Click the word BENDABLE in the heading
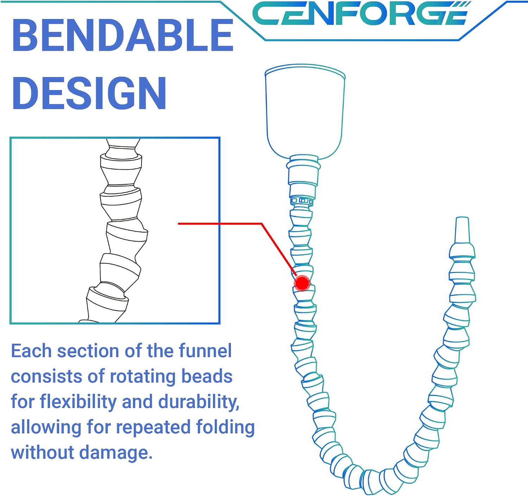click(122, 35)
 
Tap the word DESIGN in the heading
click(89, 93)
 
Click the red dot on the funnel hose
click(302, 283)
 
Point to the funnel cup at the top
click(305, 112)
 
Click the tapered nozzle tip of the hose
click(462, 230)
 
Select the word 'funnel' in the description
click(205, 351)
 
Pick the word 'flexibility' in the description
click(78, 402)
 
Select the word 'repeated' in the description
click(153, 428)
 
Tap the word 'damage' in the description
click(116, 453)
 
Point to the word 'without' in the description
click(43, 453)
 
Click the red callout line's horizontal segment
click(220, 223)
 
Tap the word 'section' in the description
click(88, 351)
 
